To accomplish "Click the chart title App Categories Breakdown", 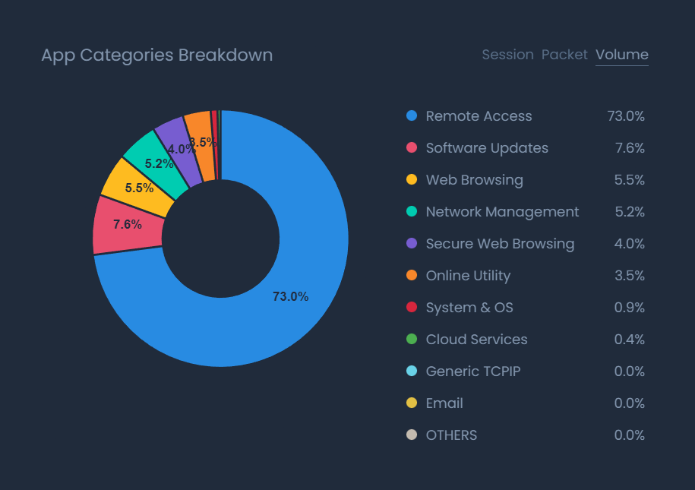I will [156, 55].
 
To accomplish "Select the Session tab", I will [507, 55].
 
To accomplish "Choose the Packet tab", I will [564, 55].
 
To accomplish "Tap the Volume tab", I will [622, 55].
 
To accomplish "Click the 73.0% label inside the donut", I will [290, 297].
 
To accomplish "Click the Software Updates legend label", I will [487, 148].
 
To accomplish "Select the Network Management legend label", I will [502, 212].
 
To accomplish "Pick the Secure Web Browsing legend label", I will [500, 244].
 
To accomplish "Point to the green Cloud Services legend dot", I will [412, 340].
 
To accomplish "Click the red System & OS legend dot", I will [412, 308].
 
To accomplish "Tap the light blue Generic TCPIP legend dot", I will [412, 371].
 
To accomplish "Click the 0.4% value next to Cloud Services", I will [629, 340].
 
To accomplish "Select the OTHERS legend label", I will [451, 435].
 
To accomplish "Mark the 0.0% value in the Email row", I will [629, 403].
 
